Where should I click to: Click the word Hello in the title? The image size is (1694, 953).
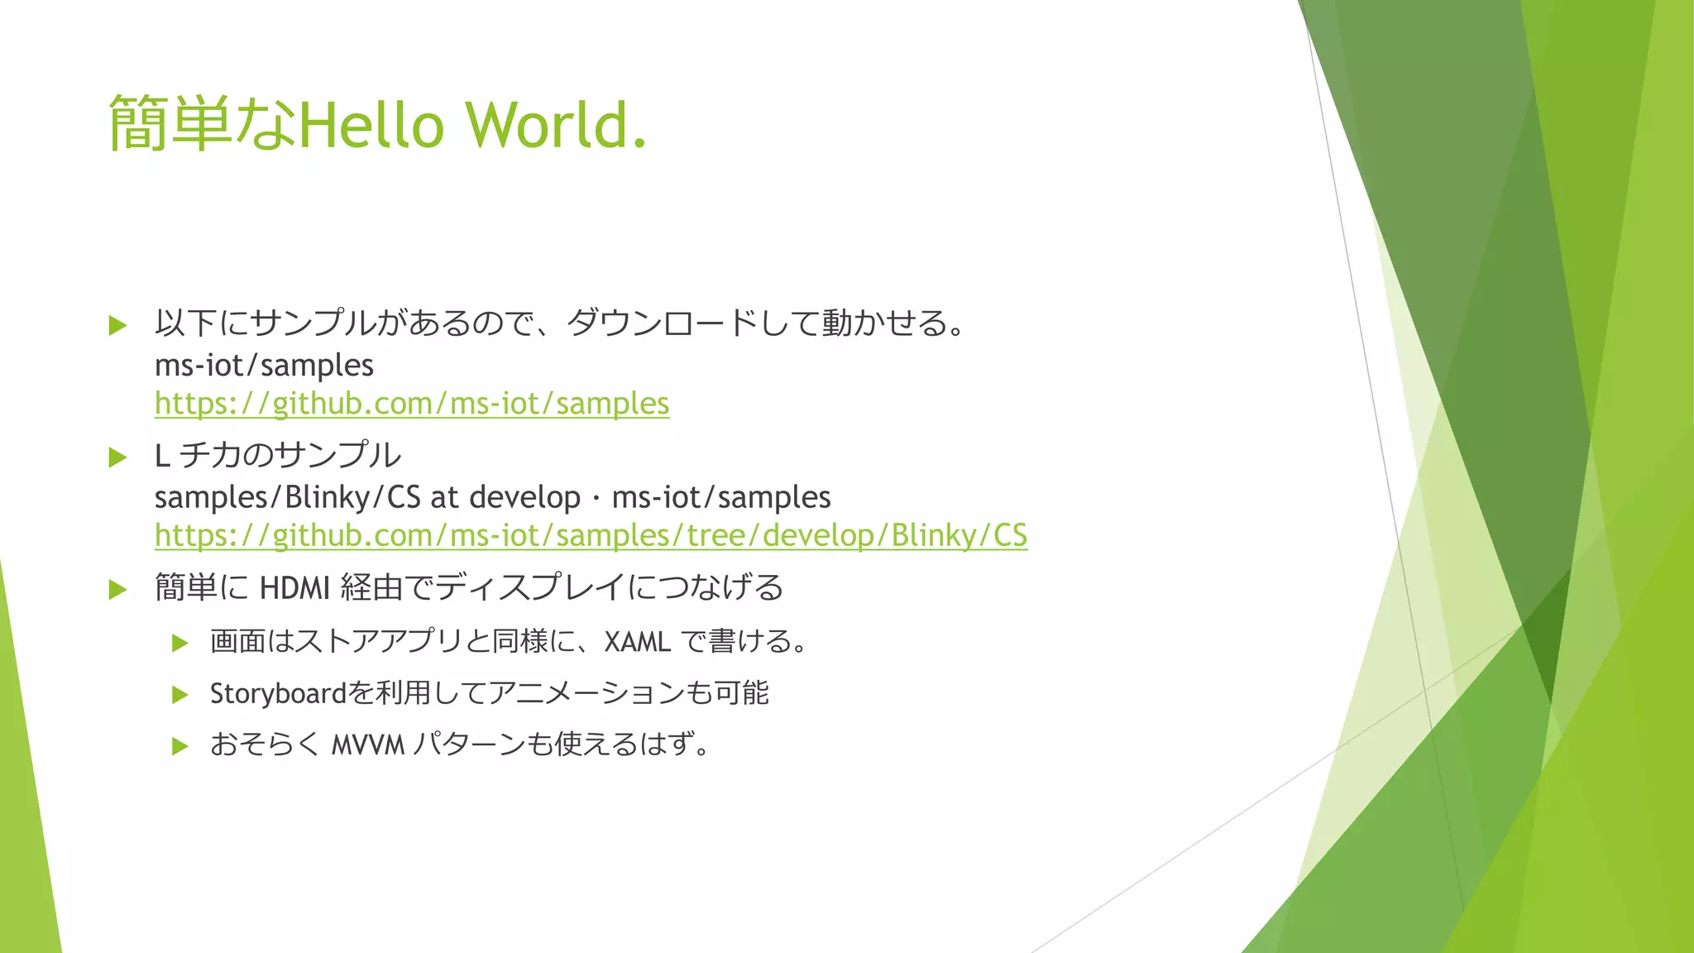tap(371, 125)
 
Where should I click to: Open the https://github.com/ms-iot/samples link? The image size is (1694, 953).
tap(412, 404)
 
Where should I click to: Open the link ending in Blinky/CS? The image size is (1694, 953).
tap(591, 535)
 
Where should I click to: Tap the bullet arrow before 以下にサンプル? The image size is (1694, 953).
tap(117, 325)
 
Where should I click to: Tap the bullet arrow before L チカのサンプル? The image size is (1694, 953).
tap(117, 457)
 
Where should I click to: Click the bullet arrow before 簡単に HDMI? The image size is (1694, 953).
tap(117, 589)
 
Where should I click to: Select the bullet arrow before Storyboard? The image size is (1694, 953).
tap(179, 695)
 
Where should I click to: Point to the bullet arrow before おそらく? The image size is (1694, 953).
tap(179, 746)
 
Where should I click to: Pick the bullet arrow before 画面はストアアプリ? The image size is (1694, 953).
tap(179, 643)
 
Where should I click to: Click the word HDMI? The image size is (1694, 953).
tap(294, 588)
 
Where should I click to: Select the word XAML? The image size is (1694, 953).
tap(637, 642)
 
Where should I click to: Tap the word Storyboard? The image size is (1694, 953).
tap(278, 693)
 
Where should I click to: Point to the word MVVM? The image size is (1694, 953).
tap(368, 745)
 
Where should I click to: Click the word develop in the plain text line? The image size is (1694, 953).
tap(524, 497)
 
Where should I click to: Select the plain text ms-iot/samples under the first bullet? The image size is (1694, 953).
tap(264, 366)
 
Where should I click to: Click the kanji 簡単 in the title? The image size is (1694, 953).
tap(170, 124)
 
